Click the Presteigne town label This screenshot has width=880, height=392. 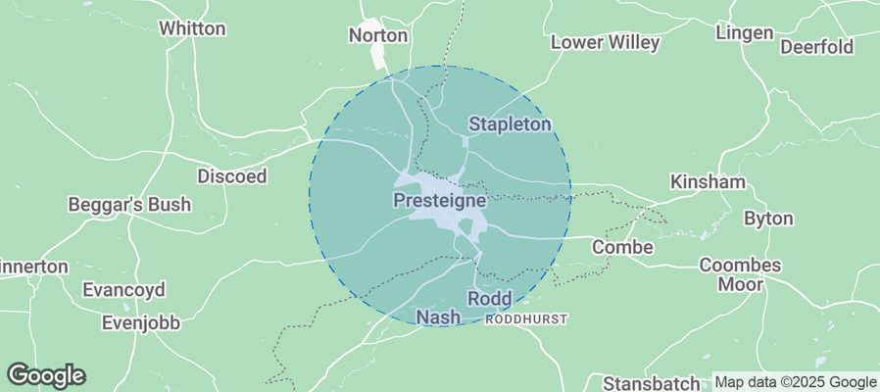tap(439, 200)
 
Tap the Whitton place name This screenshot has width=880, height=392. tap(192, 28)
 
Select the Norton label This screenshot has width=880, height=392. tap(378, 35)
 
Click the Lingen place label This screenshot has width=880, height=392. tap(745, 33)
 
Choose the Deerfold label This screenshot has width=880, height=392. tap(816, 47)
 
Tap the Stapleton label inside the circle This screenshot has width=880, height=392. tap(510, 124)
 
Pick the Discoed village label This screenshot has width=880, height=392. tap(232, 176)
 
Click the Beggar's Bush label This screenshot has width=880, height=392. tap(129, 205)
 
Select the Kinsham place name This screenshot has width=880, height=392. tap(708, 182)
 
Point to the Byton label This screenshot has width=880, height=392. tap(768, 218)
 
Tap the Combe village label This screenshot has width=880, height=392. tap(622, 247)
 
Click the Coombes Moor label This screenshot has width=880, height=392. tap(740, 274)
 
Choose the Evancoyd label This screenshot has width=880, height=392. tap(123, 290)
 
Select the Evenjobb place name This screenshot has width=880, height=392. tap(144, 323)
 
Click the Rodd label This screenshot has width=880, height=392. tap(489, 298)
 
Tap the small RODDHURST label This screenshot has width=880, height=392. tap(526, 319)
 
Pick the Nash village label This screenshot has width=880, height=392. tap(438, 318)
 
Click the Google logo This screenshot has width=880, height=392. tap(46, 374)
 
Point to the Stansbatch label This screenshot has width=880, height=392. tap(652, 382)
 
